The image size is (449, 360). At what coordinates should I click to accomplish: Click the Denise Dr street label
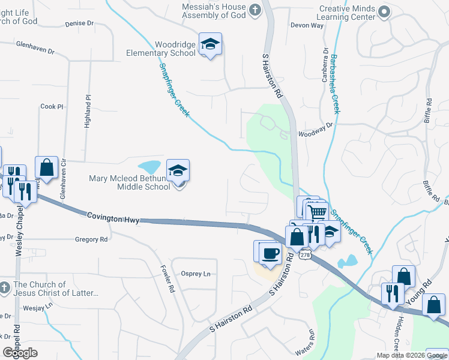point(79,23)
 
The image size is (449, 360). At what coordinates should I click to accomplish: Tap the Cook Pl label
point(52,107)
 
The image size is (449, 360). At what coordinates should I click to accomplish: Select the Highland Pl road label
point(88,106)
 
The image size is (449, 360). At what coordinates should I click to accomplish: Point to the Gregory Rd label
point(91,239)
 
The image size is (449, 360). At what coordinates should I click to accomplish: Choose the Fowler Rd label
point(167,279)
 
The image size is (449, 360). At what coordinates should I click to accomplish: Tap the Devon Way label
point(307,26)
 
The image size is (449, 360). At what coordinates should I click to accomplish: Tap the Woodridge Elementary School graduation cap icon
point(211,44)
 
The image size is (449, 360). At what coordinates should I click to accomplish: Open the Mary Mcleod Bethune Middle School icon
point(178,172)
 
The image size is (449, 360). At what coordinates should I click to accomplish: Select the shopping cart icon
point(317,212)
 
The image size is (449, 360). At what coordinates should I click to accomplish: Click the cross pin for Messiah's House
point(255,10)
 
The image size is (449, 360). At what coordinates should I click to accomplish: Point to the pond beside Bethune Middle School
point(149,166)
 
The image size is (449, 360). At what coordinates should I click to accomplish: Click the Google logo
point(20,353)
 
